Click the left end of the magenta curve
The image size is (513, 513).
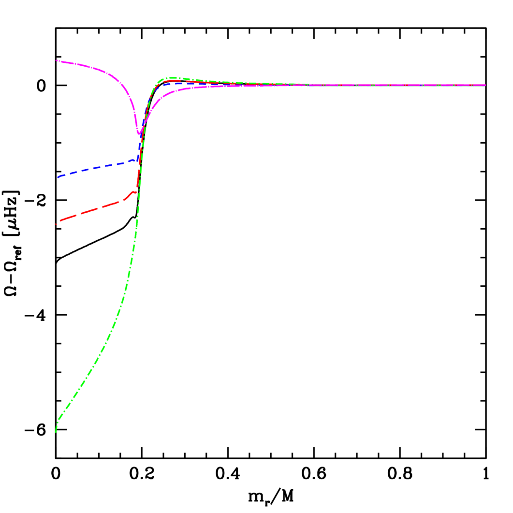(x=57, y=60)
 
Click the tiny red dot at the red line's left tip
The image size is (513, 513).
(x=56, y=224)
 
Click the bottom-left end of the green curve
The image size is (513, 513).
(x=56, y=431)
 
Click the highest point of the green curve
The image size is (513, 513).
(x=169, y=77)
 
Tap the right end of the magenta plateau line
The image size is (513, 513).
(x=484, y=85)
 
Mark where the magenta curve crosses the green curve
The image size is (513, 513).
(x=144, y=125)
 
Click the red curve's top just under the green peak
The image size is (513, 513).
(x=169, y=81)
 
